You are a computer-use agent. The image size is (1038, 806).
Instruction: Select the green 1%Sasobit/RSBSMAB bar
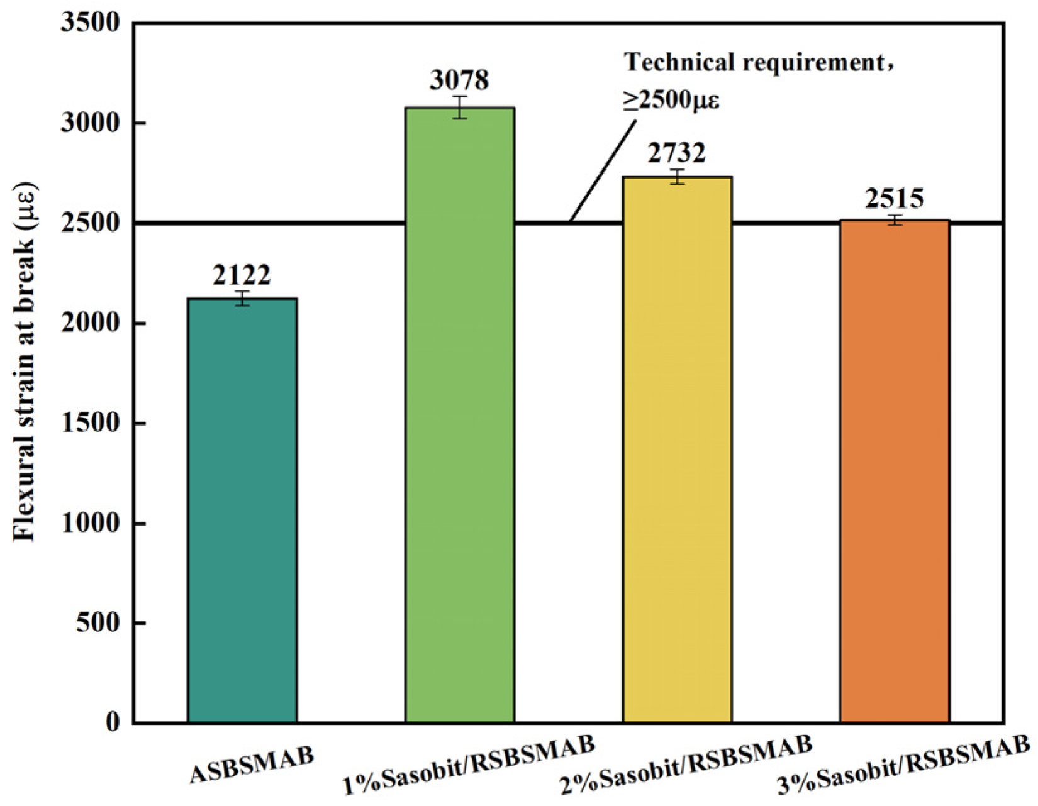pos(460,415)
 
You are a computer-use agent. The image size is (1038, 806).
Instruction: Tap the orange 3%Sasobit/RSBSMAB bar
pos(894,472)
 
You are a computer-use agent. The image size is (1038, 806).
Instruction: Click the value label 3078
pos(459,80)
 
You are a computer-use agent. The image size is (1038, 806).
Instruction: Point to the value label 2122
pos(242,275)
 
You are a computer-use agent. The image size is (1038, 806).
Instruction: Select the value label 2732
pos(677,153)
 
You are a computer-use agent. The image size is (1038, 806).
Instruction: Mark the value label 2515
pos(894,199)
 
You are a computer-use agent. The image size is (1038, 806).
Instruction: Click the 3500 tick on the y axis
pos(89,23)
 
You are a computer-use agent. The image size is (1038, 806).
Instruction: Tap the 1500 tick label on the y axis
pos(89,423)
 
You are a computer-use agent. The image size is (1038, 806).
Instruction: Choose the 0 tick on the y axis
pos(112,722)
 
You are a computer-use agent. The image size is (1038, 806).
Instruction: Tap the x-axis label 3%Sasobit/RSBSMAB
pos(903,765)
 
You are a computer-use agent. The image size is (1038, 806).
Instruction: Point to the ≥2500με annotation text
pos(671,100)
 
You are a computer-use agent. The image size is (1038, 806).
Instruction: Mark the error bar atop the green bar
pos(460,108)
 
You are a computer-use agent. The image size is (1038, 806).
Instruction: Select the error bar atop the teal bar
pos(242,298)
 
